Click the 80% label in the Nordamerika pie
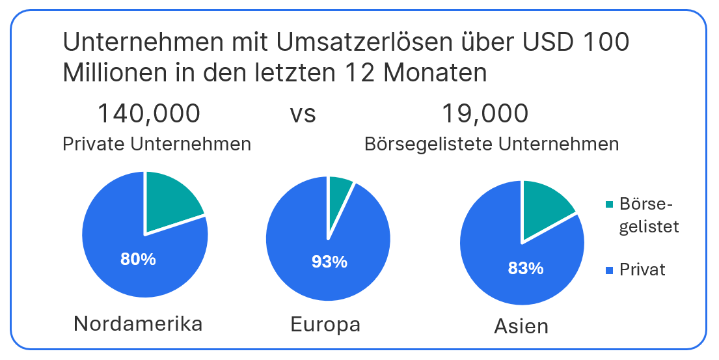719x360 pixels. tap(138, 259)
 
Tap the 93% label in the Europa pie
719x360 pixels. tap(329, 262)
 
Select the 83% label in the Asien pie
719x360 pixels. tap(525, 268)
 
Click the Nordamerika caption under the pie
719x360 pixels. tap(138, 323)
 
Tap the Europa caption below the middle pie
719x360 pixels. tap(325, 324)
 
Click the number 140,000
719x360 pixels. tap(148, 113)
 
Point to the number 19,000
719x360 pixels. tap(485, 113)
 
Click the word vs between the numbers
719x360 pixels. tap(303, 114)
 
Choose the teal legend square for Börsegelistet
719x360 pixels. tap(609, 205)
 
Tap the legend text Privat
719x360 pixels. tap(643, 270)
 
